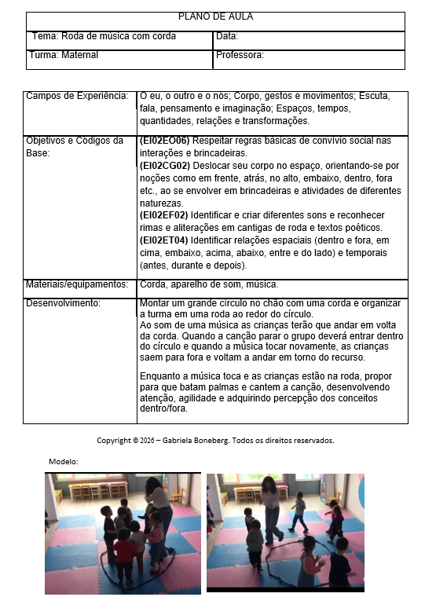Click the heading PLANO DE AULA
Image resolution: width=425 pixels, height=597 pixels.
(214, 16)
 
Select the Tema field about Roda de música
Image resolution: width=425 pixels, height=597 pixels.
(104, 36)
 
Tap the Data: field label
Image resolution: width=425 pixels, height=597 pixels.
(227, 36)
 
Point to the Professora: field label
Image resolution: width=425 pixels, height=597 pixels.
(240, 56)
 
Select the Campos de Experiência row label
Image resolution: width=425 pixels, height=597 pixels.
(76, 96)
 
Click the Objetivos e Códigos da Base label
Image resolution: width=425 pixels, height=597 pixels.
(75, 146)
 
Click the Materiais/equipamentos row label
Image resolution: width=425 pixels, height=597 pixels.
(76, 284)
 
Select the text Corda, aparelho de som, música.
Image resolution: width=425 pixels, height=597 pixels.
(208, 284)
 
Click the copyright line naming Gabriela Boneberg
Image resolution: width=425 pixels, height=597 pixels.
(215, 440)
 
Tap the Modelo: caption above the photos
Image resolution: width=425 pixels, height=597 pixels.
(63, 461)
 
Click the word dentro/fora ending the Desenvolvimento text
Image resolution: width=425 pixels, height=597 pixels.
(163, 408)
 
